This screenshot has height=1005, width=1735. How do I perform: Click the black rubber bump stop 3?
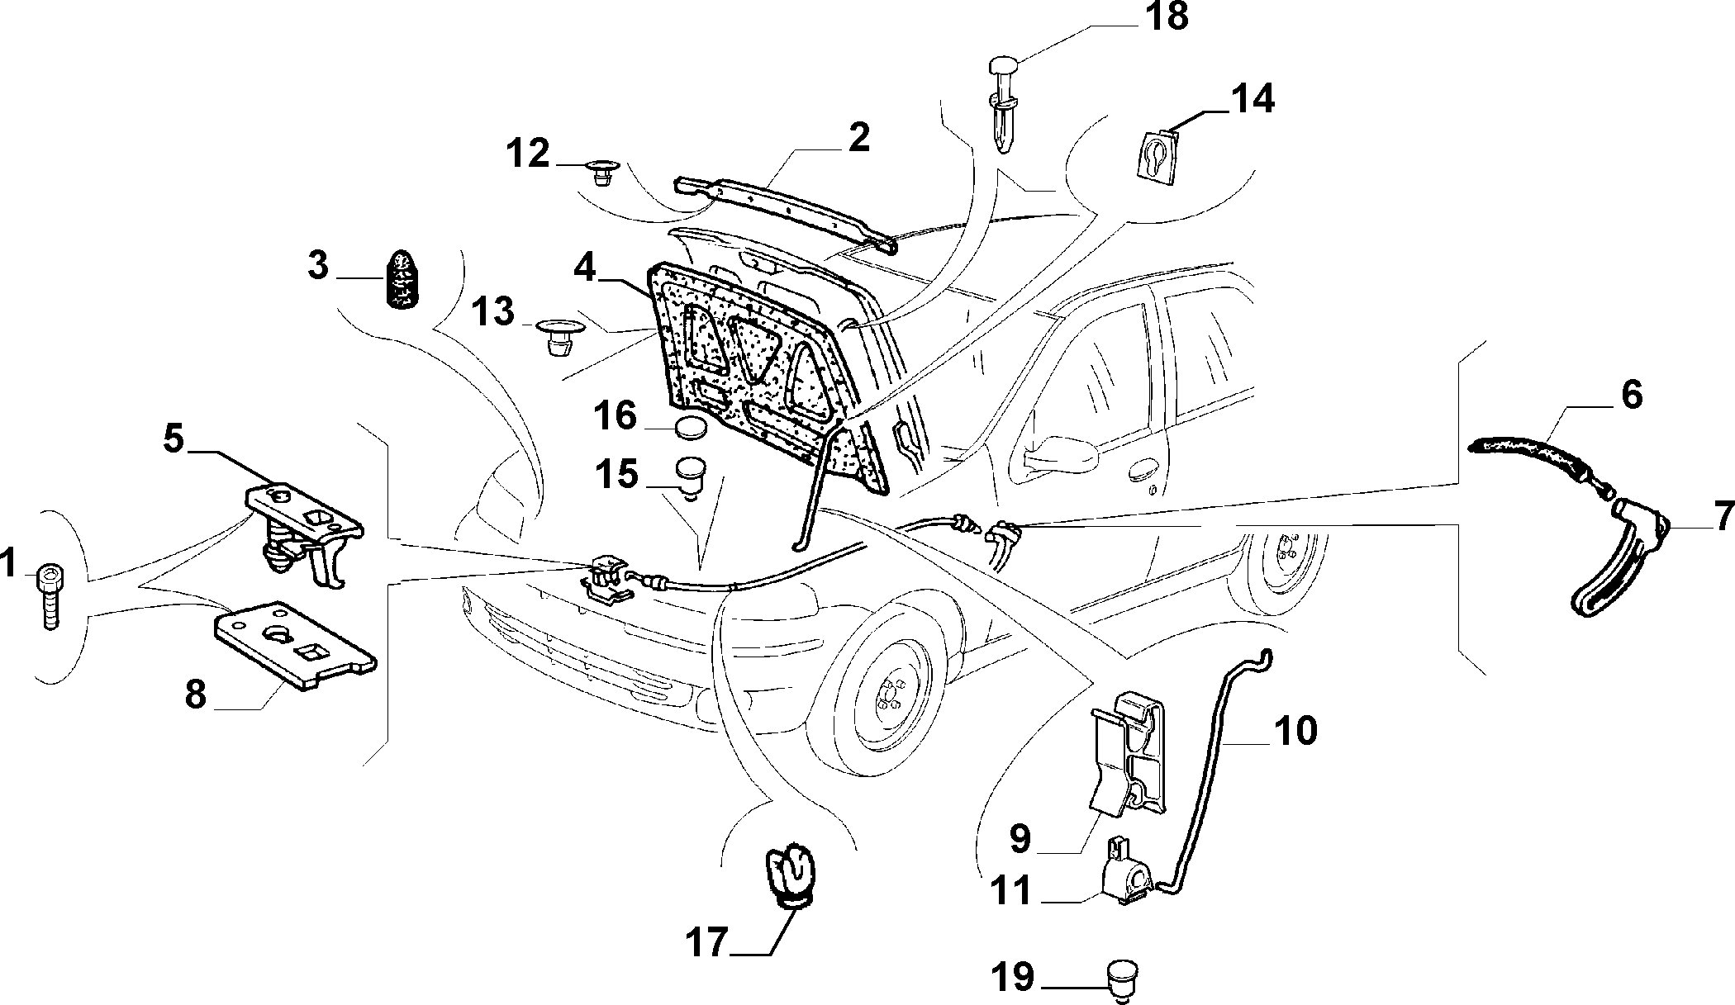click(403, 279)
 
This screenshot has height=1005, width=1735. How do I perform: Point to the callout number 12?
click(528, 154)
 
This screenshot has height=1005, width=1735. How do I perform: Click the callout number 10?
click(1295, 731)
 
